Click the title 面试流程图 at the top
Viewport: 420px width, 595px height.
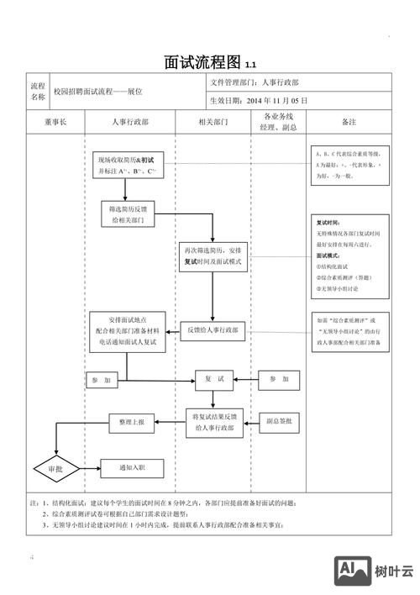[x=204, y=63]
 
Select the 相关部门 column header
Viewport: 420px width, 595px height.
[x=213, y=122]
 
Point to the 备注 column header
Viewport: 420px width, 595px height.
[x=349, y=122]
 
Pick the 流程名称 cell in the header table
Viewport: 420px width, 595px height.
[x=38, y=91]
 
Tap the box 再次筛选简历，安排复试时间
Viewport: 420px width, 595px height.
[x=213, y=256]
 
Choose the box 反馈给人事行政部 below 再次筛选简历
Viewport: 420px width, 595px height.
[x=213, y=331]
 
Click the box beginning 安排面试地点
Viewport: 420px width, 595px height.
[x=128, y=332]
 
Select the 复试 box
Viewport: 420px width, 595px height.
[x=214, y=380]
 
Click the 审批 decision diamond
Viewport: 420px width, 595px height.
[x=55, y=468]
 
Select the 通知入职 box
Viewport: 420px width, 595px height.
[x=132, y=468]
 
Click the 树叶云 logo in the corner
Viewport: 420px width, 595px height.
[x=375, y=571]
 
